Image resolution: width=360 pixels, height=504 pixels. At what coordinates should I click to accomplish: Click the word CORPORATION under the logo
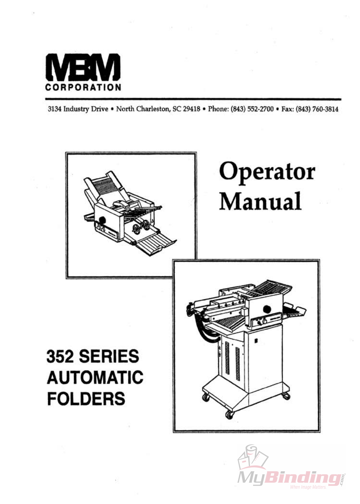point(83,87)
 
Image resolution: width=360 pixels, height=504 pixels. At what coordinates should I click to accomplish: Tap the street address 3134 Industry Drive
point(78,109)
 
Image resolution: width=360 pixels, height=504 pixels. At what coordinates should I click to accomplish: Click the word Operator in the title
point(267,172)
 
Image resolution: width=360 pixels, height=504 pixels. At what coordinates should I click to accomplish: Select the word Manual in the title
point(260,201)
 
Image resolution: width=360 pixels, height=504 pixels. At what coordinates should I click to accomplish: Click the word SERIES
point(109,356)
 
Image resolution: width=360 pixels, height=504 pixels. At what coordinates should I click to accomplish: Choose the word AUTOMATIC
point(95,377)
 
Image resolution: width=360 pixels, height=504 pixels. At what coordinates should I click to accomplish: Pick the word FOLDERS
point(86,399)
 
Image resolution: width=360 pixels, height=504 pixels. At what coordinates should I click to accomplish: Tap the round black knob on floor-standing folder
point(267,309)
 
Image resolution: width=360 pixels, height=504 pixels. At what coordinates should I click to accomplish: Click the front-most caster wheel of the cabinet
point(229,415)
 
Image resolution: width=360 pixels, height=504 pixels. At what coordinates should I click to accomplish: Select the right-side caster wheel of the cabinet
point(286,396)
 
